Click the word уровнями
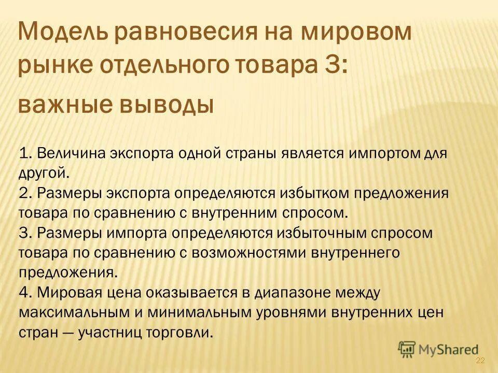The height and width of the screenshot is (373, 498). pos(292,312)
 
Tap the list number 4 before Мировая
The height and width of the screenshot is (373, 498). pos(23,293)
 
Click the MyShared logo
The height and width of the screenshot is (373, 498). pos(438,349)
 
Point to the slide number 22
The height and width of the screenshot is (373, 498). pos(480,361)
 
